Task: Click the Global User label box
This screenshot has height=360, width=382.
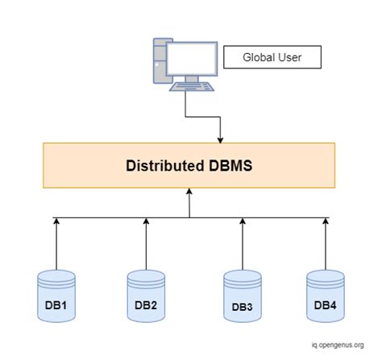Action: click(x=272, y=57)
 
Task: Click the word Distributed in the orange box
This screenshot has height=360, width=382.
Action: click(x=163, y=167)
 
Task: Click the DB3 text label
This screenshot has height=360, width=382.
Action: click(x=242, y=307)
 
